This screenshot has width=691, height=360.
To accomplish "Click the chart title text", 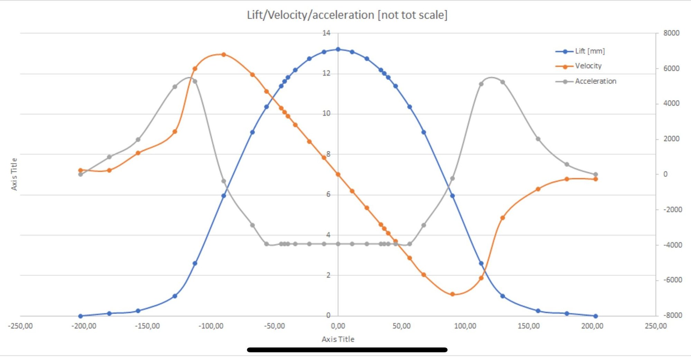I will tap(347, 15).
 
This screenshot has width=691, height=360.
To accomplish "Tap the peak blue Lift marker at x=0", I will tap(338, 49).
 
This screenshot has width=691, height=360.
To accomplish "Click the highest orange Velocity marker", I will tap(224, 55).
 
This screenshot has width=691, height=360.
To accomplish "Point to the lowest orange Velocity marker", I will tap(452, 294).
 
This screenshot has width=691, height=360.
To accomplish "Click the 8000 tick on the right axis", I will tap(671, 33).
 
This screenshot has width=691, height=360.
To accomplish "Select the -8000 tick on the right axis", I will tap(672, 315).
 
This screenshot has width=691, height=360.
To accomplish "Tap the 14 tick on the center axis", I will tap(326, 33).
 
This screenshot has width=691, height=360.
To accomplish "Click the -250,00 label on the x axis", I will tap(20, 326).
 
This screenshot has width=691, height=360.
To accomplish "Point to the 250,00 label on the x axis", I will tap(656, 326).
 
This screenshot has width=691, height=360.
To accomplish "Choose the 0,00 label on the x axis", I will tap(338, 326).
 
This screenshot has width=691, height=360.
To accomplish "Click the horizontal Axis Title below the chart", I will tap(338, 339).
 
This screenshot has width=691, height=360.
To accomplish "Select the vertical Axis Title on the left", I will tap(14, 174).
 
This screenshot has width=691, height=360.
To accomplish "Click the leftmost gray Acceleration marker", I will tap(81, 174).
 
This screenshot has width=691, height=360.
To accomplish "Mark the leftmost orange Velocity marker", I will tap(81, 170).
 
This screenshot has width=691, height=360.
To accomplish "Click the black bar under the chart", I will tap(347, 350).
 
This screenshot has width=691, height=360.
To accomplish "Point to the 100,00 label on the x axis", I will tap(465, 326).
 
